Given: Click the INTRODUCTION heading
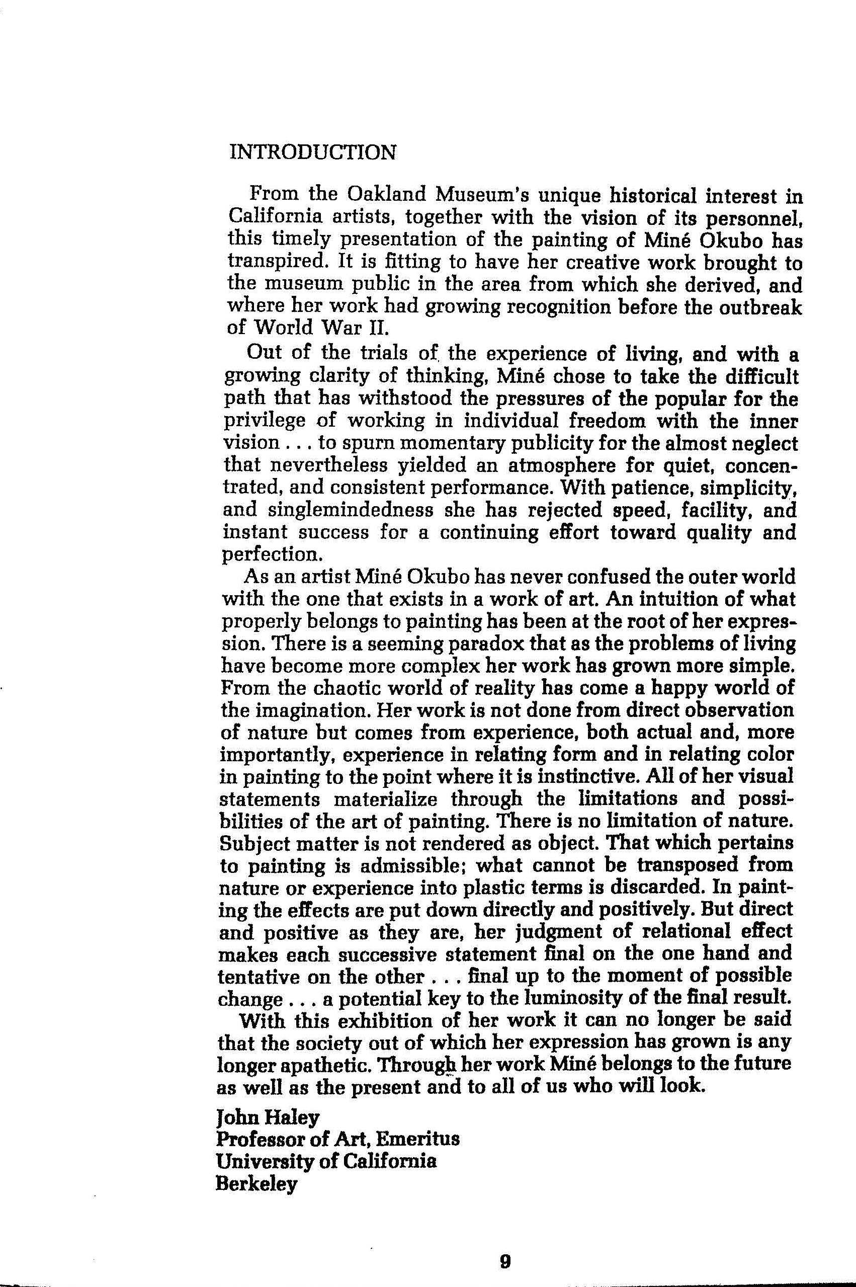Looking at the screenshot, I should pos(313,152).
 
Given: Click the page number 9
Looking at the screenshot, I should pos(505,1246).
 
